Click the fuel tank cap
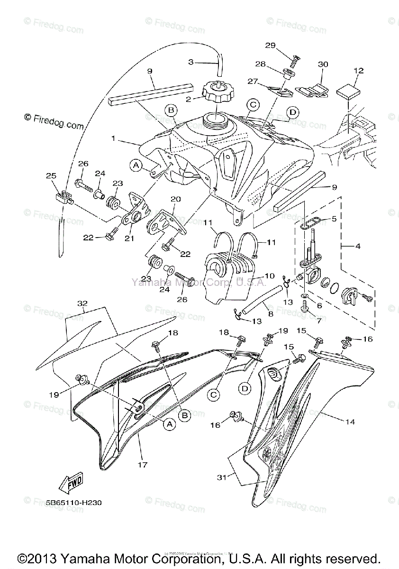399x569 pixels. click(217, 91)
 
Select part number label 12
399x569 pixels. click(358, 71)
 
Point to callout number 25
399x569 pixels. click(51, 176)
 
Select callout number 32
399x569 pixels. click(83, 303)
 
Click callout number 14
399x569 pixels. click(350, 421)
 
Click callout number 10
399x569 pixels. click(256, 275)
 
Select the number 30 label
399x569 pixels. click(323, 64)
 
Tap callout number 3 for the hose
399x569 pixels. click(190, 62)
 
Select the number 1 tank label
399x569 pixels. click(114, 139)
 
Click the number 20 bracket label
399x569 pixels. click(176, 199)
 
